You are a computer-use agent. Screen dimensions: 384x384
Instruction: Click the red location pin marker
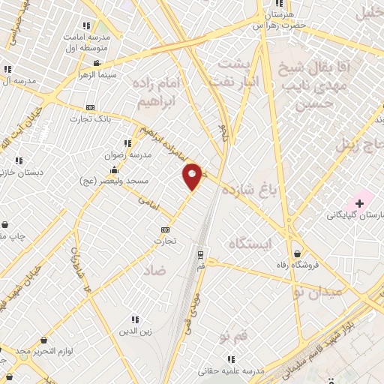[x=193, y=176]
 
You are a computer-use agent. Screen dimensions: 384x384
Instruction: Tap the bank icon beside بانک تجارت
[x=91, y=107]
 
